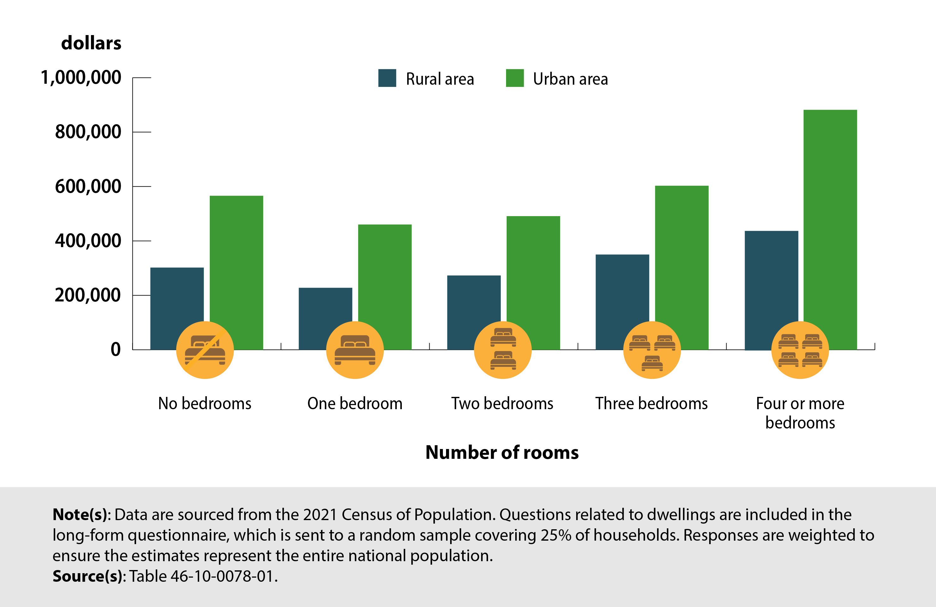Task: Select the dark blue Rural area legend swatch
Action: [x=387, y=78]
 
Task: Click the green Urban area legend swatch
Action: [x=514, y=78]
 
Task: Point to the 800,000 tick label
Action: [x=88, y=132]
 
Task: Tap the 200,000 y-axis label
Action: [x=88, y=295]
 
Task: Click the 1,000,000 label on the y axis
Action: [x=81, y=77]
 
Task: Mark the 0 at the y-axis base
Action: [x=115, y=349]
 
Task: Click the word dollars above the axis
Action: [x=91, y=43]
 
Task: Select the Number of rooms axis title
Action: [x=502, y=452]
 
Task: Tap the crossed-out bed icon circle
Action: [x=205, y=350]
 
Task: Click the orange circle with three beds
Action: [x=652, y=350]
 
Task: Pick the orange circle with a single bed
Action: [x=355, y=350]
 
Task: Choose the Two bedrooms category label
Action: [x=502, y=404]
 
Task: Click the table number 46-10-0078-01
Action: [x=222, y=576]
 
